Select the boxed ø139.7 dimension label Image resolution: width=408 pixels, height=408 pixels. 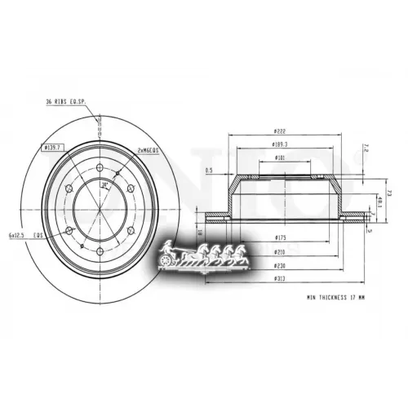tap(55, 149)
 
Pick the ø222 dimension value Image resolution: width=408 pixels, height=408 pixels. tap(279, 132)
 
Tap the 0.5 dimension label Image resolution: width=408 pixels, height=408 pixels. tap(209, 171)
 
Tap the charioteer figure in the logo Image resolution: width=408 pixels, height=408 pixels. tap(169, 248)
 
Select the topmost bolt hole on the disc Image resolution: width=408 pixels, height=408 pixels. tap(99, 169)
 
